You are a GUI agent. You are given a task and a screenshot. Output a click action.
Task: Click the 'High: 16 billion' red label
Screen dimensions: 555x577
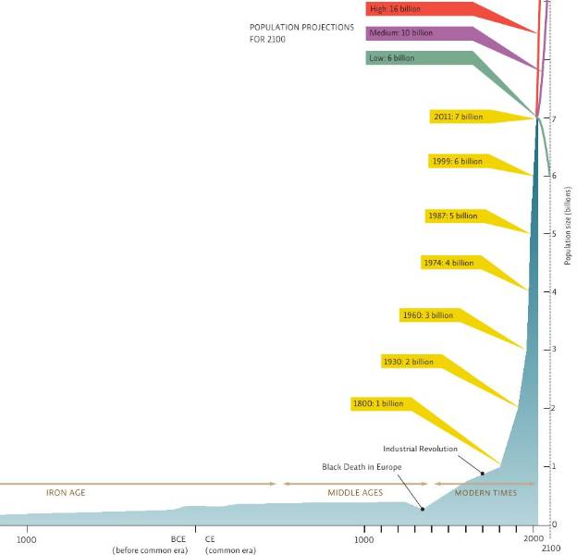click(x=393, y=9)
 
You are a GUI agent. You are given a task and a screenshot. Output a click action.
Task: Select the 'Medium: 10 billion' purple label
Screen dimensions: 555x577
click(x=400, y=33)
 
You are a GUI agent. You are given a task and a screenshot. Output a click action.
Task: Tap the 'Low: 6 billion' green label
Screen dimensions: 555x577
click(x=392, y=58)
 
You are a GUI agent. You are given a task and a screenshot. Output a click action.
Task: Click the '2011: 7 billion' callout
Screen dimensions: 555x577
click(x=458, y=117)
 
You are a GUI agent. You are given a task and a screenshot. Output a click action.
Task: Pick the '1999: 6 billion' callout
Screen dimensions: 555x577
click(x=457, y=161)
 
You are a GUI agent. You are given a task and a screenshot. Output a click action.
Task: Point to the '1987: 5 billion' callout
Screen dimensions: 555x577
click(x=452, y=216)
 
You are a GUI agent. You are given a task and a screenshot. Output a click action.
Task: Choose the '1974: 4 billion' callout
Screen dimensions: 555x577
click(x=448, y=263)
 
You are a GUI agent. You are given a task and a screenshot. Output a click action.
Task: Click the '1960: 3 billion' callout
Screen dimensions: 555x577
click(x=428, y=315)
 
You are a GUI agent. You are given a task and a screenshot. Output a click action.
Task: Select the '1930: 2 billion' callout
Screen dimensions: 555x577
click(x=408, y=361)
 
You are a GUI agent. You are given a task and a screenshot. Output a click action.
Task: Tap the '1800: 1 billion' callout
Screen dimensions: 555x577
click(x=378, y=403)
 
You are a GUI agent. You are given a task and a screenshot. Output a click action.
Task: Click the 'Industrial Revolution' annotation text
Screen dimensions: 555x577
click(x=420, y=449)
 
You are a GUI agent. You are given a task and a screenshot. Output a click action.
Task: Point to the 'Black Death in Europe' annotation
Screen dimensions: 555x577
click(x=362, y=467)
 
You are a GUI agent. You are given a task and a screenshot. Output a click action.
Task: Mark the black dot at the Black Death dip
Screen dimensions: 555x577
click(x=423, y=509)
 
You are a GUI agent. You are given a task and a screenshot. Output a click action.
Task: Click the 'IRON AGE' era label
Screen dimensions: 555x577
click(x=66, y=492)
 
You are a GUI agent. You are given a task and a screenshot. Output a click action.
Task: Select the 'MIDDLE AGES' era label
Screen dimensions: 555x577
click(x=355, y=492)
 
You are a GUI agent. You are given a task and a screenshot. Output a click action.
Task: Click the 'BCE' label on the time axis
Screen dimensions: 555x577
click(x=178, y=538)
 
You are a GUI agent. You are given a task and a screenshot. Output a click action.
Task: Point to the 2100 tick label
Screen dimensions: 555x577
click(x=551, y=549)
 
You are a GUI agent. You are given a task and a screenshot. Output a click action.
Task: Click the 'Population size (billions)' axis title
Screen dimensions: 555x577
click(x=568, y=227)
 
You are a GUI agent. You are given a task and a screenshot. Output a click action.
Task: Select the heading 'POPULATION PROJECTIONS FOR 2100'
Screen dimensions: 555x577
click(x=301, y=33)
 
